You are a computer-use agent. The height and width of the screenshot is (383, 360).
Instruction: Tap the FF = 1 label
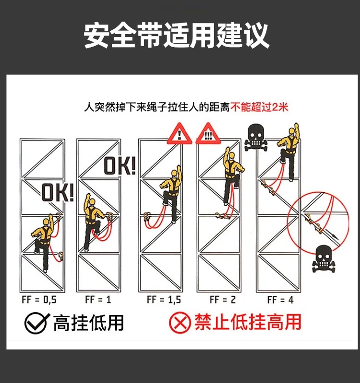coord(98,300)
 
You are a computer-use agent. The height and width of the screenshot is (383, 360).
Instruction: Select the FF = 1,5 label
coord(164,300)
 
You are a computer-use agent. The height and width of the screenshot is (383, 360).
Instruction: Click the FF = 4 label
coord(280,300)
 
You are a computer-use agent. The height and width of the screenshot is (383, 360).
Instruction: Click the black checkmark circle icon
coord(36,323)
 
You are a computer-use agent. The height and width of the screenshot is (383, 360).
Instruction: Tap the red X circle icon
coord(179,322)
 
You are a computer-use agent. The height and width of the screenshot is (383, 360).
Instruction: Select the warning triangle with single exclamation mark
coord(180,133)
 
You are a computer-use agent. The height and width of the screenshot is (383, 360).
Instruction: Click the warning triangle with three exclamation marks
coord(208,133)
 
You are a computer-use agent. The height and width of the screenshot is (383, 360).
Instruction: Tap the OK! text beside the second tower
coord(119,166)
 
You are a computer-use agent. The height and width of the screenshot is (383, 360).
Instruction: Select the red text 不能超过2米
coord(260,106)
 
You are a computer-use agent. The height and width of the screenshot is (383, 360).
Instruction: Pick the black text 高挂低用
coord(88,323)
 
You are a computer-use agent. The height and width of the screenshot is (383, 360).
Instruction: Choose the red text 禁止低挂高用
coord(247,322)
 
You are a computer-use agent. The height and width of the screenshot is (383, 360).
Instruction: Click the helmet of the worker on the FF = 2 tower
coord(231,156)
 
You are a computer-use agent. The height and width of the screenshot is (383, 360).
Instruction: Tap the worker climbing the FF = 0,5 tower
coord(44,240)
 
